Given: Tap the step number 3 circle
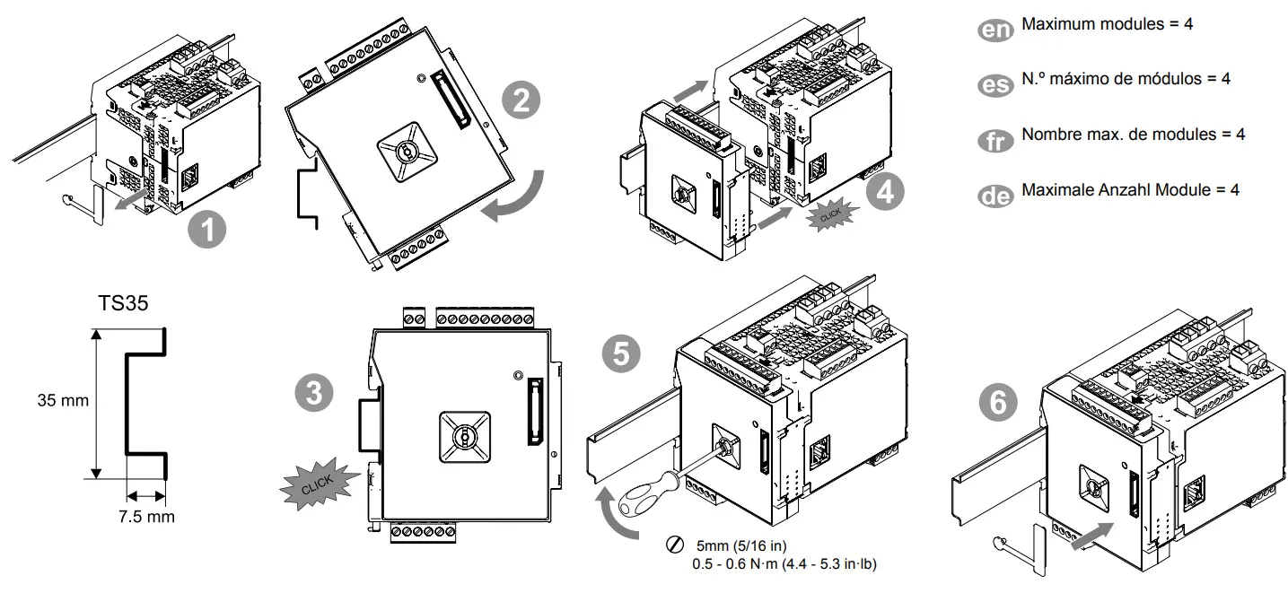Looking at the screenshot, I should click(315, 393).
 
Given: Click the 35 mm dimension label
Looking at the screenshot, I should click(63, 400).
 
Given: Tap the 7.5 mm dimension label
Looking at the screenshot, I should click(147, 517).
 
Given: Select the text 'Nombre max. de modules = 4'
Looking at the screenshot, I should click(1133, 135).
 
